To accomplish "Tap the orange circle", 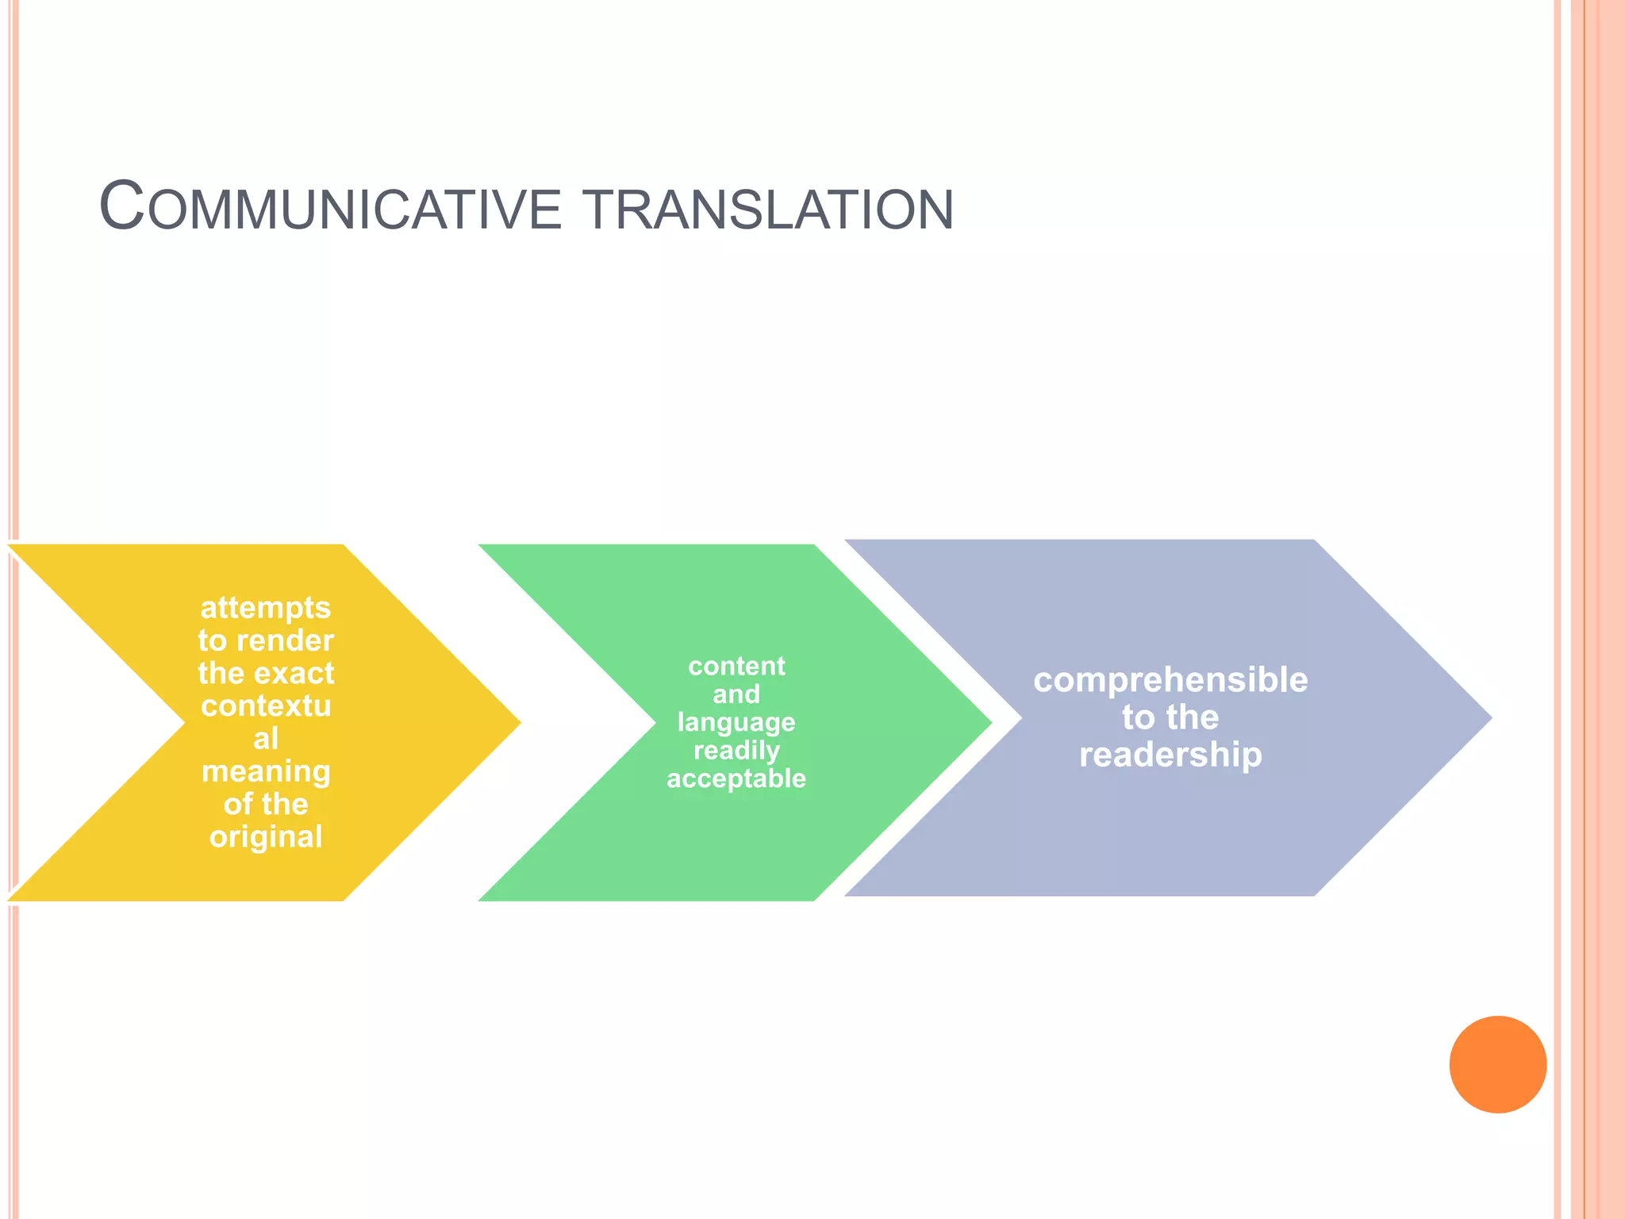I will [x=1497, y=1064].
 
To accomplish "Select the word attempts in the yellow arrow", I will [x=265, y=608].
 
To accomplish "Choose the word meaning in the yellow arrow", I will [x=266, y=771].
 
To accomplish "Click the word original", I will [x=266, y=837].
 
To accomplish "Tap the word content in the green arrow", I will [x=736, y=666].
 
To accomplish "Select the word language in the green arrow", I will [x=736, y=723].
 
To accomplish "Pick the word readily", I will [x=736, y=751].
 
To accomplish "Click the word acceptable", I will [x=736, y=779].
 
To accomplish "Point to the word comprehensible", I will [x=1170, y=681].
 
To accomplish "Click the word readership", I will [x=1170, y=755].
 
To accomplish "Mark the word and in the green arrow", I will [x=736, y=694].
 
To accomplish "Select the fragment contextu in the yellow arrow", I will [x=266, y=706].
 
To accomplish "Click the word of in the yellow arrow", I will [x=238, y=804].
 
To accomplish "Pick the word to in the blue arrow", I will [x=1139, y=717].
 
